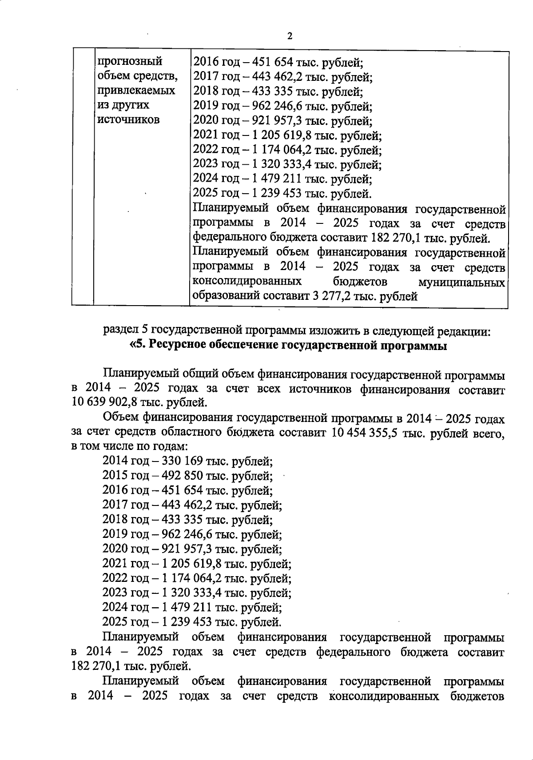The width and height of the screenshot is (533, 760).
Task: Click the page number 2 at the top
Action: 290,36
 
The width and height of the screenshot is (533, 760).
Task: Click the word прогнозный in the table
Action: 130,61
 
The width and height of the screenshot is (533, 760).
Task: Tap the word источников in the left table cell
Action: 128,119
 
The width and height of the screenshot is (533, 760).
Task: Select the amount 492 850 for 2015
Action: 183,476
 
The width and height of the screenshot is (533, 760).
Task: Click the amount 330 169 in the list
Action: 183,461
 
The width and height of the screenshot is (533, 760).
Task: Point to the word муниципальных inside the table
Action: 461,282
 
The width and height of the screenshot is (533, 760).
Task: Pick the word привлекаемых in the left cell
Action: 135,91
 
